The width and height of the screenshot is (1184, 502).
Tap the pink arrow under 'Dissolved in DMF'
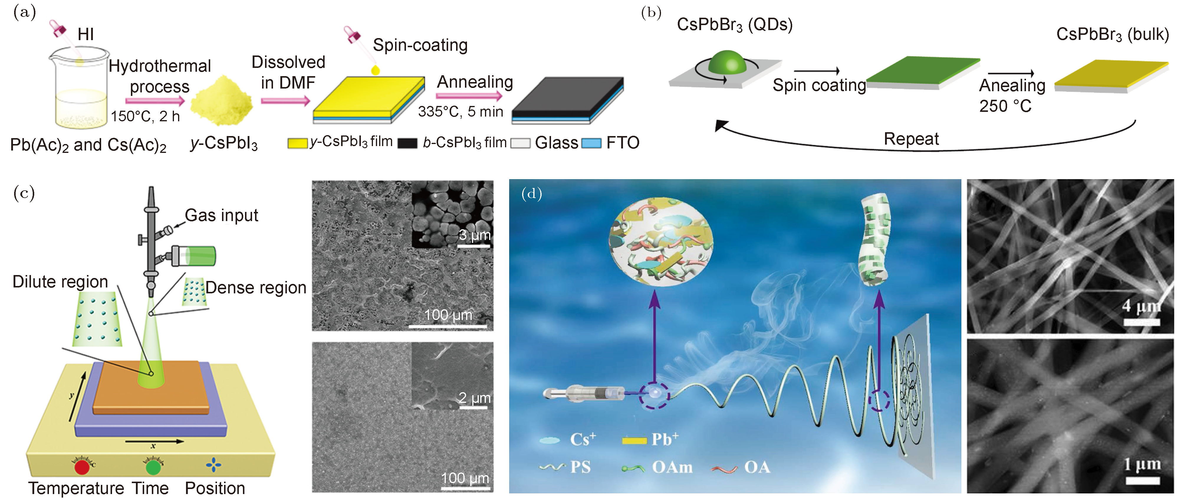point(285,100)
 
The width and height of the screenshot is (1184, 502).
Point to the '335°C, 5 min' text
point(460,112)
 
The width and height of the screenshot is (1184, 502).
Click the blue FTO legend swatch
point(591,143)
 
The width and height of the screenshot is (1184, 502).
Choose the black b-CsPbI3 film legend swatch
point(407,143)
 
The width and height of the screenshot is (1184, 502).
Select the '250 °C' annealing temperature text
point(1005,106)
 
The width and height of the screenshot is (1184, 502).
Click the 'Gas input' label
point(221,215)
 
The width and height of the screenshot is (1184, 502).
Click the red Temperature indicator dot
point(82,467)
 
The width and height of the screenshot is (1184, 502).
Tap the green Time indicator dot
point(153,467)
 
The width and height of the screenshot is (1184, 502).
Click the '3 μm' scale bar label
point(475,235)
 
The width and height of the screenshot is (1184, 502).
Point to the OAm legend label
point(672,467)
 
